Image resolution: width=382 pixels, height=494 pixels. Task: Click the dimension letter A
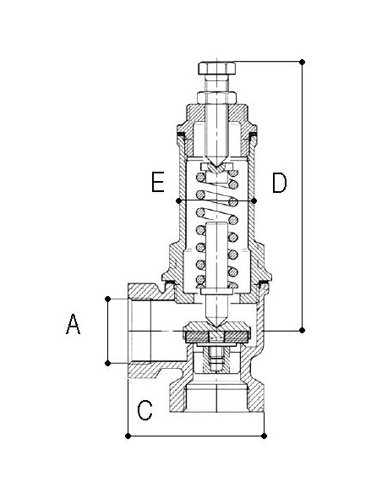73,324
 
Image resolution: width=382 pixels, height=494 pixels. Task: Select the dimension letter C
145,410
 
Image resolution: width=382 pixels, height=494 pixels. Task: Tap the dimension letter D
280,183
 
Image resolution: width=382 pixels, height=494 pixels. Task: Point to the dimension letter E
158,182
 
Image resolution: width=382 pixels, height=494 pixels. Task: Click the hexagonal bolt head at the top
217,69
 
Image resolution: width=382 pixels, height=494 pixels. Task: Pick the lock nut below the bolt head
216,97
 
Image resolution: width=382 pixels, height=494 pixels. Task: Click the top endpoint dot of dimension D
302,62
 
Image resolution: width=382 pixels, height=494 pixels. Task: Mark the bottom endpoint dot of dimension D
302,330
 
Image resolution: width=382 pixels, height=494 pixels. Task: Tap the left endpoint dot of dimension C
128,436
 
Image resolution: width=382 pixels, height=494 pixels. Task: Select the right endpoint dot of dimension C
264,436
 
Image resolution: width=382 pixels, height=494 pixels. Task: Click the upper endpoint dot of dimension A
107,299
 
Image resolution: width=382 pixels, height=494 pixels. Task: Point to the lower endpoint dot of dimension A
107,363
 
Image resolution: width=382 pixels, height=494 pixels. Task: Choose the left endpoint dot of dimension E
178,200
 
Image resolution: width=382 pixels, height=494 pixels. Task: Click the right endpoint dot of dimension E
254,200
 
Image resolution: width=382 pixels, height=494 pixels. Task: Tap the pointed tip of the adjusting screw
216,167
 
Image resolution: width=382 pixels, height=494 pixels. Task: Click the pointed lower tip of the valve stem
216,327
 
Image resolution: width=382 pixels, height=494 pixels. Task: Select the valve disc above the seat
216,332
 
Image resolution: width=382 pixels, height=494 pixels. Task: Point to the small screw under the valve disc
216,360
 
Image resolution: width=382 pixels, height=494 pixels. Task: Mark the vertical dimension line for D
302,196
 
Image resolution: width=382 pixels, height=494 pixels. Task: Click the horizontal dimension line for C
196,436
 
